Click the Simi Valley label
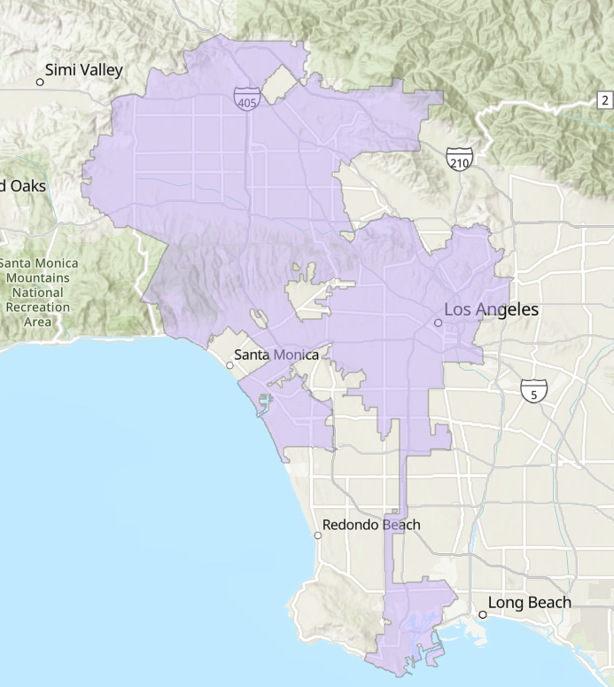(84, 70)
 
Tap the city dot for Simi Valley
(40, 82)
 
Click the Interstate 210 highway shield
(459, 159)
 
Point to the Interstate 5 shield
(533, 389)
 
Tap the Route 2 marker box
(604, 98)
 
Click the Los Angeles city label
(491, 310)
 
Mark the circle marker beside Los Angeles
(438, 324)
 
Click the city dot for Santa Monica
(229, 364)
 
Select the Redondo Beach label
(371, 525)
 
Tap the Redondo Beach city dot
(318, 535)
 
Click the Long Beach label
(530, 603)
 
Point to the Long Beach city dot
(483, 614)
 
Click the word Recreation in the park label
(37, 307)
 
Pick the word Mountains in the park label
(37, 277)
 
